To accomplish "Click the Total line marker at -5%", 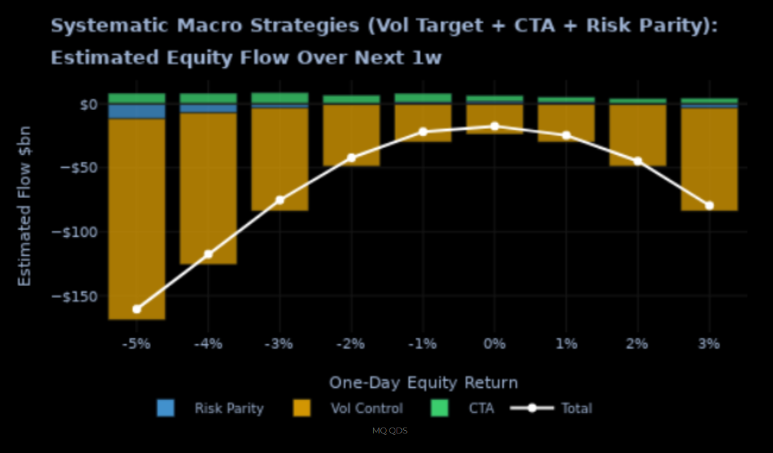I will (137, 309).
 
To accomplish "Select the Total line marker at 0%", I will (495, 126).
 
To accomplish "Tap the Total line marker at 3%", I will (709, 205).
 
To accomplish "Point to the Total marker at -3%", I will (280, 199).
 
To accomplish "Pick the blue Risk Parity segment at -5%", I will (137, 111).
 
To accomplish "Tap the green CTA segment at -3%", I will (280, 98).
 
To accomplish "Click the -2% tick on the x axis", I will (352, 343).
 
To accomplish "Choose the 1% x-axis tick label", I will (566, 343).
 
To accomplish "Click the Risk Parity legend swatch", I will (166, 409).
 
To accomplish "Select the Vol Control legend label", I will (367, 409).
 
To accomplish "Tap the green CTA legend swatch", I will (441, 409).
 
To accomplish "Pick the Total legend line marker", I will (532, 409).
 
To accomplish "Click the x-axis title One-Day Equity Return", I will (423, 383).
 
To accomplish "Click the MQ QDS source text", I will (390, 431).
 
